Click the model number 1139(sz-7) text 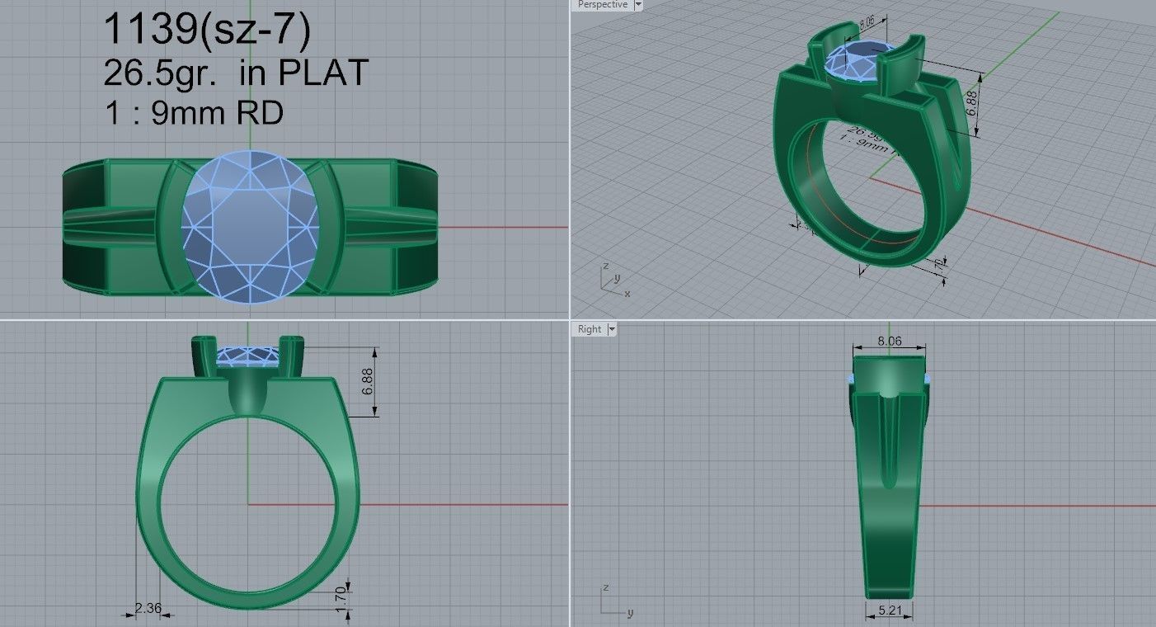[x=206, y=31]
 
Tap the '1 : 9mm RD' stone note [x=194, y=112]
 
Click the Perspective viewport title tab [x=602, y=5]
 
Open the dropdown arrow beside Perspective [x=638, y=5]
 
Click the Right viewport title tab [x=590, y=329]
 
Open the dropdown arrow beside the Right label [x=612, y=329]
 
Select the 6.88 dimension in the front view [x=368, y=381]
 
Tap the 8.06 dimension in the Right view [x=889, y=340]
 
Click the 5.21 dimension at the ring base [x=890, y=611]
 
